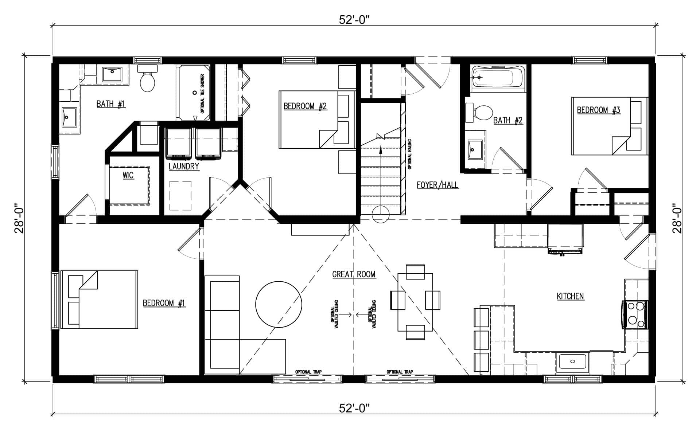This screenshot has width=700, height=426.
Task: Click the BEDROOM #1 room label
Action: click(x=164, y=303)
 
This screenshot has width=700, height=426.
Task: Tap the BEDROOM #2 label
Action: click(x=305, y=106)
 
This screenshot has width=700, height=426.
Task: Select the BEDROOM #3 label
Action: click(x=599, y=110)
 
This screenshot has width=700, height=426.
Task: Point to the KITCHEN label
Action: click(x=571, y=296)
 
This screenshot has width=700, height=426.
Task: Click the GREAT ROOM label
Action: click(x=354, y=274)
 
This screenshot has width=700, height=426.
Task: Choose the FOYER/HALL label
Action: click(x=437, y=185)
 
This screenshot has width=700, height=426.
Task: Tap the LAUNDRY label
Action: click(x=184, y=167)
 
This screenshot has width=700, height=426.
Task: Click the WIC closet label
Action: click(x=128, y=175)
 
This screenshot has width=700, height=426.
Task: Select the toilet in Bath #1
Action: click(x=147, y=78)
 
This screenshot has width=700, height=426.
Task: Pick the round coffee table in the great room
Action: click(x=279, y=305)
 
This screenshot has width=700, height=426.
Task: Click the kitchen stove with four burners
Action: click(x=635, y=315)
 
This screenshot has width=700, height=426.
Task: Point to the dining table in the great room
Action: click(x=415, y=302)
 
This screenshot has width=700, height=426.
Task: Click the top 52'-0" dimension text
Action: click(x=354, y=20)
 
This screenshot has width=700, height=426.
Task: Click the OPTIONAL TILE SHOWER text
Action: click(x=202, y=94)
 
